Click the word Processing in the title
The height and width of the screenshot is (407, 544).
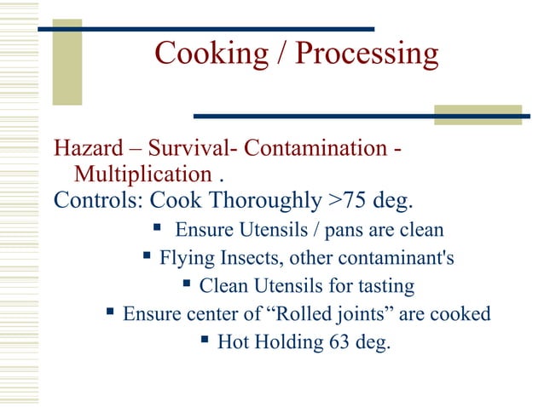[x=367, y=54]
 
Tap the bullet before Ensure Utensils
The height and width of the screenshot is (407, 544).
[x=156, y=228]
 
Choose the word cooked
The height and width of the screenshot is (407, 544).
[x=462, y=313]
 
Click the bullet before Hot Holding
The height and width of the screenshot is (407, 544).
[x=205, y=341]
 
